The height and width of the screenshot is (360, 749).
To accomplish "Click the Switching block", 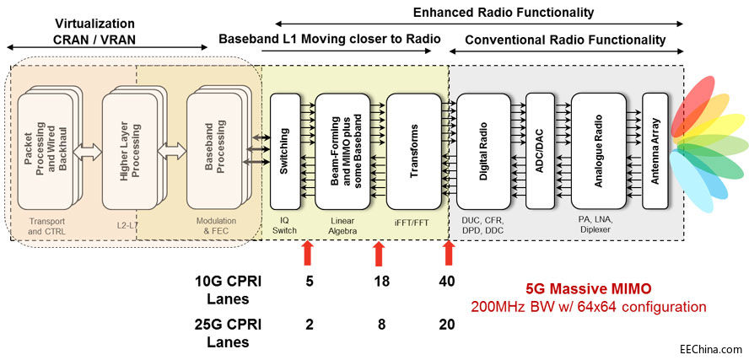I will pyautogui.click(x=285, y=151).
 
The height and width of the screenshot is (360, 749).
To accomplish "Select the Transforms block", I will pyautogui.click(x=413, y=151).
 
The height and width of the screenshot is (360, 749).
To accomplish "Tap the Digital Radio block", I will pyautogui.click(x=483, y=151).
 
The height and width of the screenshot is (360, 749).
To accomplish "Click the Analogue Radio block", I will pyautogui.click(x=600, y=151).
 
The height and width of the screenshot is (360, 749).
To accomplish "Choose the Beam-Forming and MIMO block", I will pyautogui.click(x=348, y=151).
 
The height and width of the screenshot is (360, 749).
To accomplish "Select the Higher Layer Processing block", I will pyautogui.click(x=127, y=151).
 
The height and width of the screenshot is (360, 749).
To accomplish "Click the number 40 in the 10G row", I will pyautogui.click(x=448, y=282).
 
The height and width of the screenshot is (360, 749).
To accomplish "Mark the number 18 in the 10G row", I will pyautogui.click(x=381, y=282).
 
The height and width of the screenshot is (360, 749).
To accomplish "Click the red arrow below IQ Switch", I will pyautogui.click(x=308, y=253).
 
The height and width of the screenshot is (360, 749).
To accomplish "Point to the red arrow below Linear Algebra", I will pyautogui.click(x=379, y=253).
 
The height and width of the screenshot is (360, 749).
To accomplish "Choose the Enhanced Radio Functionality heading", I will pyautogui.click(x=503, y=12).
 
